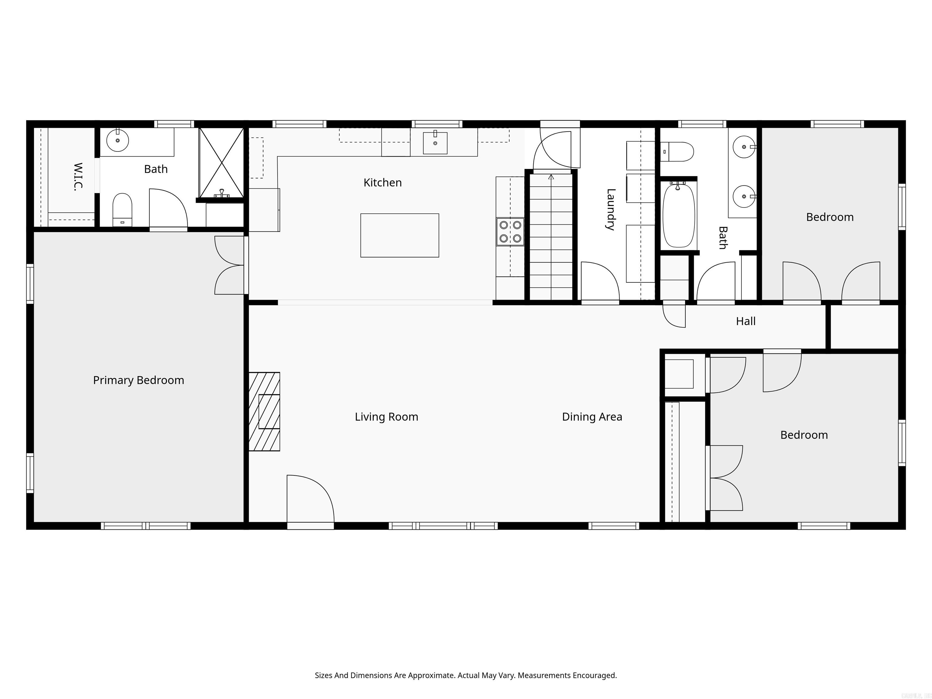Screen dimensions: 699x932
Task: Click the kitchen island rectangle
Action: click(400, 235)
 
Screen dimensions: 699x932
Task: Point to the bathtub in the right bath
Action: click(678, 216)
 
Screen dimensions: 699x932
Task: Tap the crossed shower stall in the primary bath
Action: click(221, 163)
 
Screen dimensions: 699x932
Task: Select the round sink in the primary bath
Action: click(117, 140)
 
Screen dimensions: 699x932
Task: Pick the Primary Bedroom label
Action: click(138, 380)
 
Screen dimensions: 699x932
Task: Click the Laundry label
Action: click(610, 209)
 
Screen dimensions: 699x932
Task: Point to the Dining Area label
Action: click(592, 417)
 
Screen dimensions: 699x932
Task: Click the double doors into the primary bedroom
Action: click(230, 265)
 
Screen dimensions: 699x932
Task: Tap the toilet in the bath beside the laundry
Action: click(677, 152)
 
